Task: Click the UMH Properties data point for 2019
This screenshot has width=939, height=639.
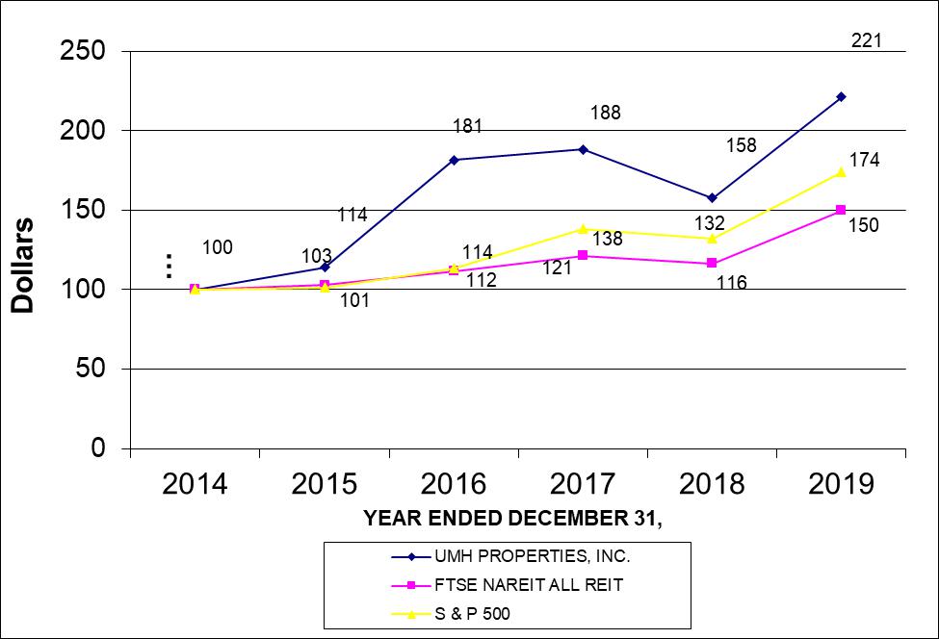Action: click(x=841, y=96)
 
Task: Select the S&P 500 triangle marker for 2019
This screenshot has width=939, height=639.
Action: click(x=841, y=172)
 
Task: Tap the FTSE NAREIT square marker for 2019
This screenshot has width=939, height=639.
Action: click(x=841, y=210)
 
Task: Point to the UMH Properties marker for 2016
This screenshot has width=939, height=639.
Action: click(x=454, y=160)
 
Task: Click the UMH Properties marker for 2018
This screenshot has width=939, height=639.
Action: click(x=712, y=197)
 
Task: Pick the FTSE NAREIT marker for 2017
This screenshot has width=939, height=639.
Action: click(x=583, y=255)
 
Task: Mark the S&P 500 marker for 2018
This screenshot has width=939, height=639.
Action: click(x=712, y=238)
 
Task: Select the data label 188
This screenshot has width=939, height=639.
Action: click(x=607, y=113)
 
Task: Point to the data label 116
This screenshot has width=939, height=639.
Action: click(x=732, y=283)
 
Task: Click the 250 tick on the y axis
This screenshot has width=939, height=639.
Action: click(x=85, y=50)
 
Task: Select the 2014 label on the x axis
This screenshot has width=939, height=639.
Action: click(x=196, y=483)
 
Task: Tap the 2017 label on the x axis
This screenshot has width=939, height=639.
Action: click(x=583, y=483)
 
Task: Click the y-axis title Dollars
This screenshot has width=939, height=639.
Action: click(x=23, y=264)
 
